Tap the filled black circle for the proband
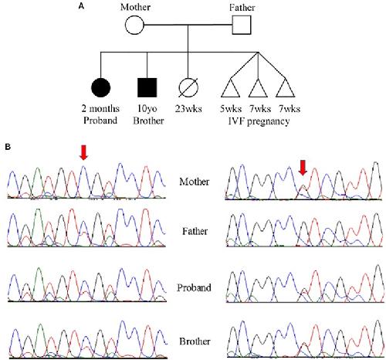click(x=101, y=87)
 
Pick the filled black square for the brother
click(x=147, y=87)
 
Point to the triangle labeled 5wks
click(x=231, y=88)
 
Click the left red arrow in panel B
click(x=83, y=152)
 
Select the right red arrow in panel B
click(x=303, y=168)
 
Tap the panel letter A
click(x=81, y=6)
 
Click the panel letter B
click(x=8, y=147)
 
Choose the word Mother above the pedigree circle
click(x=135, y=7)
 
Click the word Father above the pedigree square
click(x=242, y=7)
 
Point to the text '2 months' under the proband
click(x=100, y=108)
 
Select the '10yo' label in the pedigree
click(x=147, y=109)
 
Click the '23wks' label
click(x=188, y=109)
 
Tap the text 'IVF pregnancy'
click(x=259, y=121)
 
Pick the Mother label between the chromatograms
click(x=195, y=182)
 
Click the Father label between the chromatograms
click(x=195, y=231)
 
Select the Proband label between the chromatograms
click(x=194, y=287)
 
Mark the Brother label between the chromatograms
click(x=195, y=341)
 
